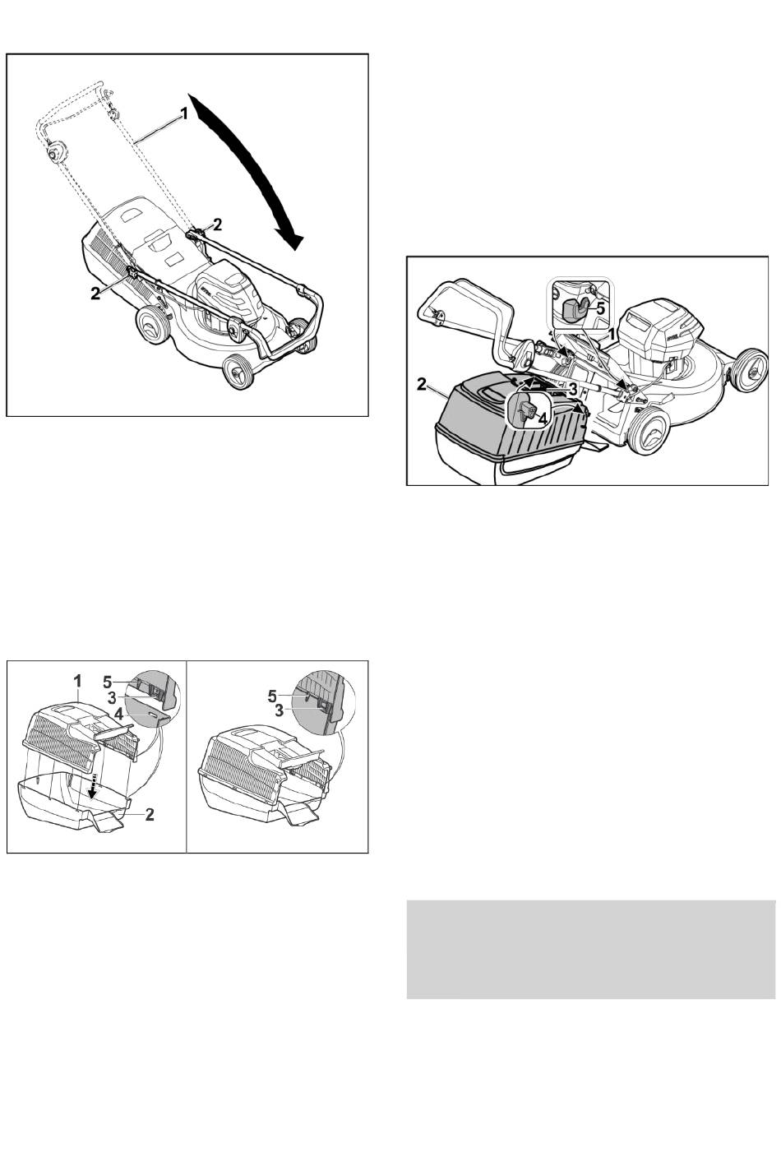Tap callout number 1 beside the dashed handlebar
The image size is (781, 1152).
(x=183, y=114)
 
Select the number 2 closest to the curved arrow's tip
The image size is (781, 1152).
(x=218, y=224)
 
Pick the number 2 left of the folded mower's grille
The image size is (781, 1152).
(x=95, y=294)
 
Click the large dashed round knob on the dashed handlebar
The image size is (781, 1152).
(x=53, y=154)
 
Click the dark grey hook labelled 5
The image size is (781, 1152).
(x=573, y=309)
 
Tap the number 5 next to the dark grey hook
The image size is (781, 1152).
(x=600, y=310)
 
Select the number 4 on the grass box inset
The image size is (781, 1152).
(x=543, y=419)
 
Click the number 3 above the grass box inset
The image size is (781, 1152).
(x=572, y=388)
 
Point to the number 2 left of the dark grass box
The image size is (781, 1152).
(x=422, y=384)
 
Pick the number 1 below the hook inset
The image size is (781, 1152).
(x=612, y=334)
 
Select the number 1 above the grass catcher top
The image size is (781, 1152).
(x=77, y=682)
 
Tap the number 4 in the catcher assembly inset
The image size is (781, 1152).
(x=118, y=714)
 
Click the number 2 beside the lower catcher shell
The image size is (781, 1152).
(x=150, y=814)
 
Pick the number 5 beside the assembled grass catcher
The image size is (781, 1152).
(x=273, y=696)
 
